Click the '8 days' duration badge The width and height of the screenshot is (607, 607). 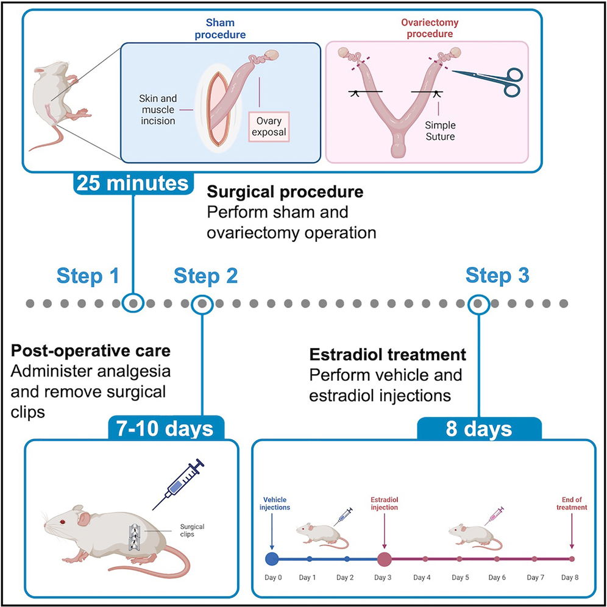tap(480, 429)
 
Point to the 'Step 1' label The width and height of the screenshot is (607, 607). tap(88, 276)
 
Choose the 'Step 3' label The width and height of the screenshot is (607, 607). tap(497, 276)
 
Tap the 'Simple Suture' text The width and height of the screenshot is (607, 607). tap(439, 130)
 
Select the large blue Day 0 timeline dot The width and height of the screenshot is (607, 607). tap(272, 558)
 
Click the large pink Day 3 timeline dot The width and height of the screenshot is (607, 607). tap(385, 558)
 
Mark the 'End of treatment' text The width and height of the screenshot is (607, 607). tap(571, 503)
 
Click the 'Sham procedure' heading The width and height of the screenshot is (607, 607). tap(220, 29)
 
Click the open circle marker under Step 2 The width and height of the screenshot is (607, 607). tap(202, 303)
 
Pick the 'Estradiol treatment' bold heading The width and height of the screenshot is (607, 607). tap(388, 355)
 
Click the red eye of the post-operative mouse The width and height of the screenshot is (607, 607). tap(62, 522)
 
